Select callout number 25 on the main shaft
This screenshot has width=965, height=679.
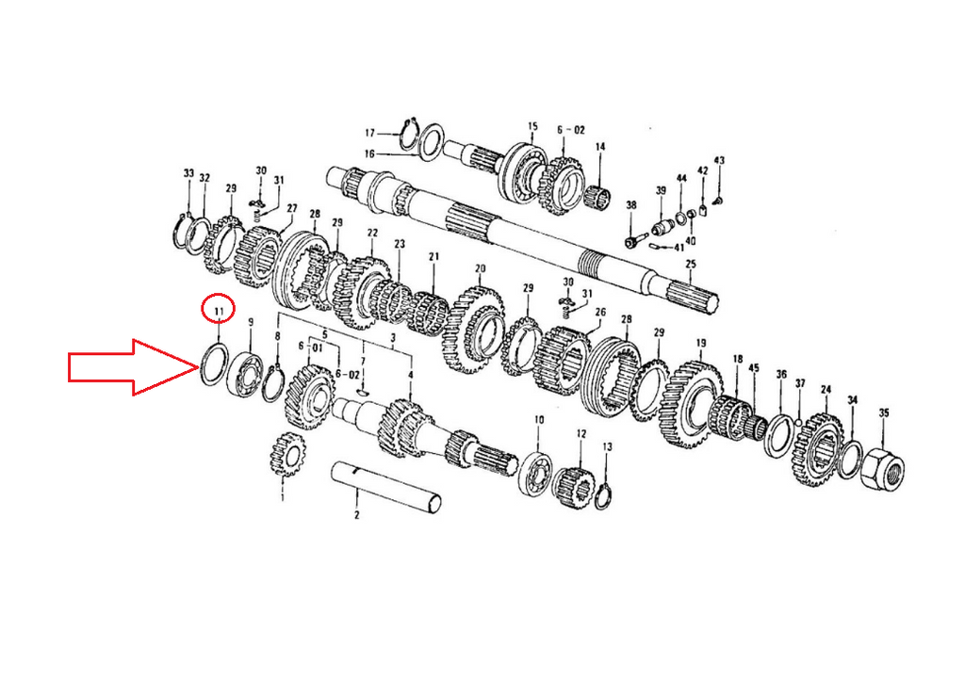point(691,265)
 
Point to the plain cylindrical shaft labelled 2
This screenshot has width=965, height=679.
point(386,487)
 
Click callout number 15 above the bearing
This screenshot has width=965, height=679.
point(532,127)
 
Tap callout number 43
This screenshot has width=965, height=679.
point(719,160)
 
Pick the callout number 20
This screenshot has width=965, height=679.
point(480,268)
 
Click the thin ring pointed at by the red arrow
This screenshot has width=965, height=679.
point(215,365)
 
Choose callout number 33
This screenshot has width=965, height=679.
point(188,174)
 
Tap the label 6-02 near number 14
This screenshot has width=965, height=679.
point(571,130)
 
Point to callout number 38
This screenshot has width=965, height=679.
point(630,205)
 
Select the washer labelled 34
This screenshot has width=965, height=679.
point(850,460)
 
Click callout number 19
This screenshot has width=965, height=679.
point(701,343)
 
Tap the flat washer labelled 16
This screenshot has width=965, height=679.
point(430,141)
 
